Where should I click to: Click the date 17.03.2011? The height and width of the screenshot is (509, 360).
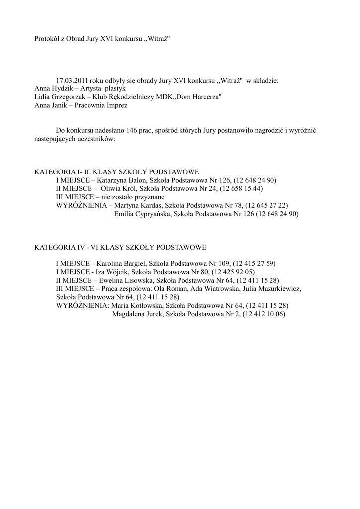(x=72, y=80)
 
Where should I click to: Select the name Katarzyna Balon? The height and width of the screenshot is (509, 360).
(x=121, y=180)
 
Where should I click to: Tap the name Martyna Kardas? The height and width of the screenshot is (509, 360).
(x=137, y=206)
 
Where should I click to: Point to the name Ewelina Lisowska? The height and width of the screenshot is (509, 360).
(x=127, y=280)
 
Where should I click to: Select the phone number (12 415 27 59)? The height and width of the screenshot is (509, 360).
(x=254, y=263)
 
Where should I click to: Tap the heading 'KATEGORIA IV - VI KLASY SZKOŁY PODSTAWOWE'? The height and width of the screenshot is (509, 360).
(x=120, y=247)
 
